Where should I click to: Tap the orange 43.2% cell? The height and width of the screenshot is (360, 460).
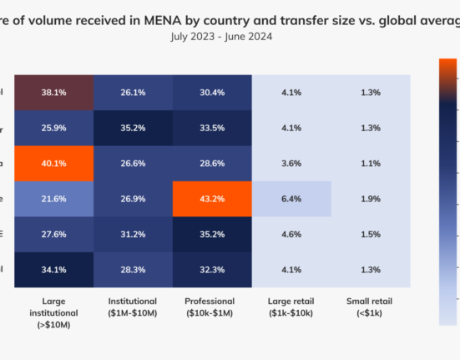(x=212, y=199)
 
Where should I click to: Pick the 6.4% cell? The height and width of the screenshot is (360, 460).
(x=291, y=199)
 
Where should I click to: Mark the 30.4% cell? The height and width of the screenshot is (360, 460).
(x=212, y=92)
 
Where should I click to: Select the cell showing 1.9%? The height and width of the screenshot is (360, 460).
(x=370, y=199)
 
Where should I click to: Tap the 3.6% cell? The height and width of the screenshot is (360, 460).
(x=291, y=164)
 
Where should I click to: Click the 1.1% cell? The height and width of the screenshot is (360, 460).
(x=370, y=164)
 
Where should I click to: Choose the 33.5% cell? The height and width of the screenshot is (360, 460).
(x=212, y=128)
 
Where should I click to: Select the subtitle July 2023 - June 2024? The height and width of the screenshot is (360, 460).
(x=220, y=37)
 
